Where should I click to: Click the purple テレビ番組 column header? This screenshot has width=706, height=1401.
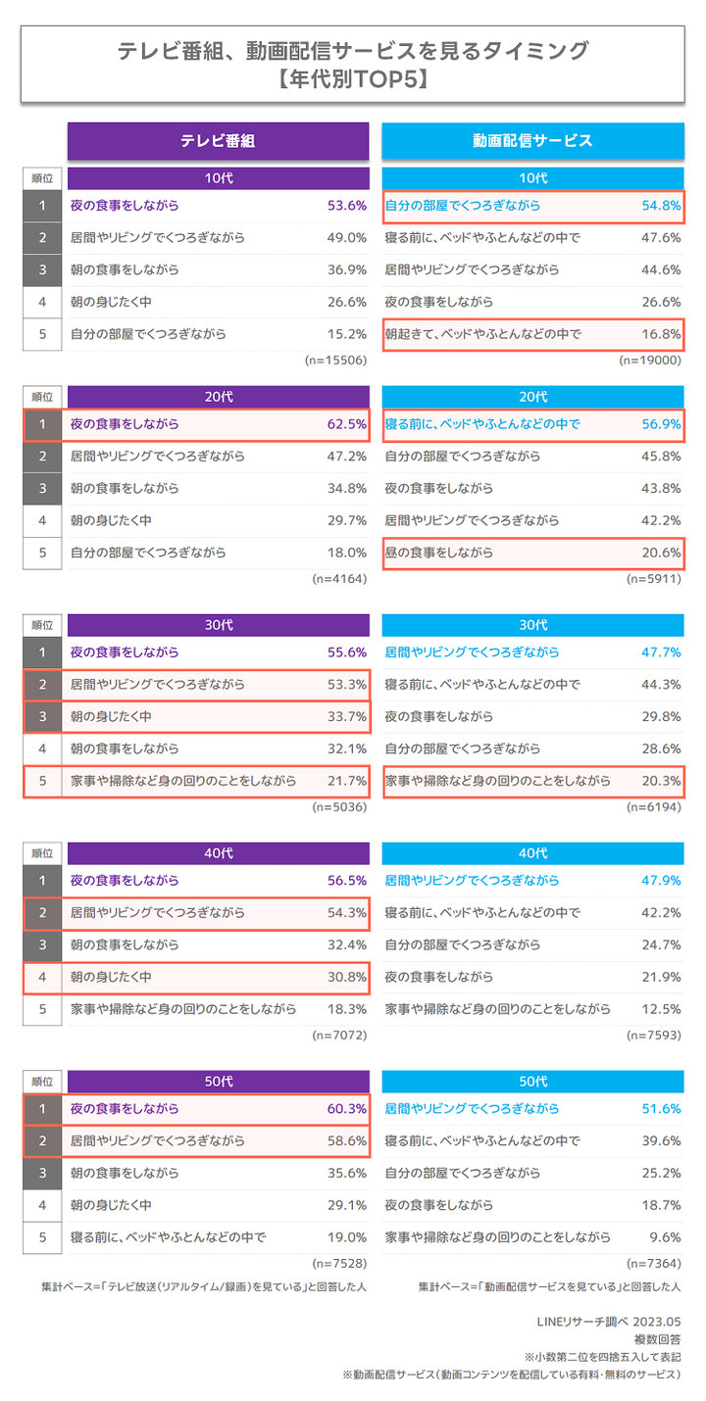point(218,140)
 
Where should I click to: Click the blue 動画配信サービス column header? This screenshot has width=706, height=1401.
point(532,140)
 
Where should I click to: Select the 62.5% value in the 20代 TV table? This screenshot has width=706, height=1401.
point(347,425)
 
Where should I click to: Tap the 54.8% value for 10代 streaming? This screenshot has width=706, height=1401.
point(660,207)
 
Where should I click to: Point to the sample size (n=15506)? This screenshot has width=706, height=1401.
point(335,361)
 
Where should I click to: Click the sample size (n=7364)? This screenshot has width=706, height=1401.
point(651,1264)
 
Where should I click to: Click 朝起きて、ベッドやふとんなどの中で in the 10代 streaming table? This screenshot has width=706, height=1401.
point(482,334)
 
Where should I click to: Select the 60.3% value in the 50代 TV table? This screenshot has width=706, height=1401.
point(347,1109)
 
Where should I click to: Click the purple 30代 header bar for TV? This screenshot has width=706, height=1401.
point(218,624)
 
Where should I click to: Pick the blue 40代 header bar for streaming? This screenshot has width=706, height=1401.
point(532,852)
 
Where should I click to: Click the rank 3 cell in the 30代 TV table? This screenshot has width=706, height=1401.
point(42,717)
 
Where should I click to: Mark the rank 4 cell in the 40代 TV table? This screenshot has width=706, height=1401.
point(42,978)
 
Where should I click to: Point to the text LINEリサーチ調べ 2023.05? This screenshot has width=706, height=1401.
point(609,1322)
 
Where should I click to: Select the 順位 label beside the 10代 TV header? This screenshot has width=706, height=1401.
point(42,178)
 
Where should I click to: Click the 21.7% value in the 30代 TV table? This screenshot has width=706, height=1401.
point(347,782)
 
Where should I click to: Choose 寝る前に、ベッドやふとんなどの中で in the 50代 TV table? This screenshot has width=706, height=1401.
point(169,1237)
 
